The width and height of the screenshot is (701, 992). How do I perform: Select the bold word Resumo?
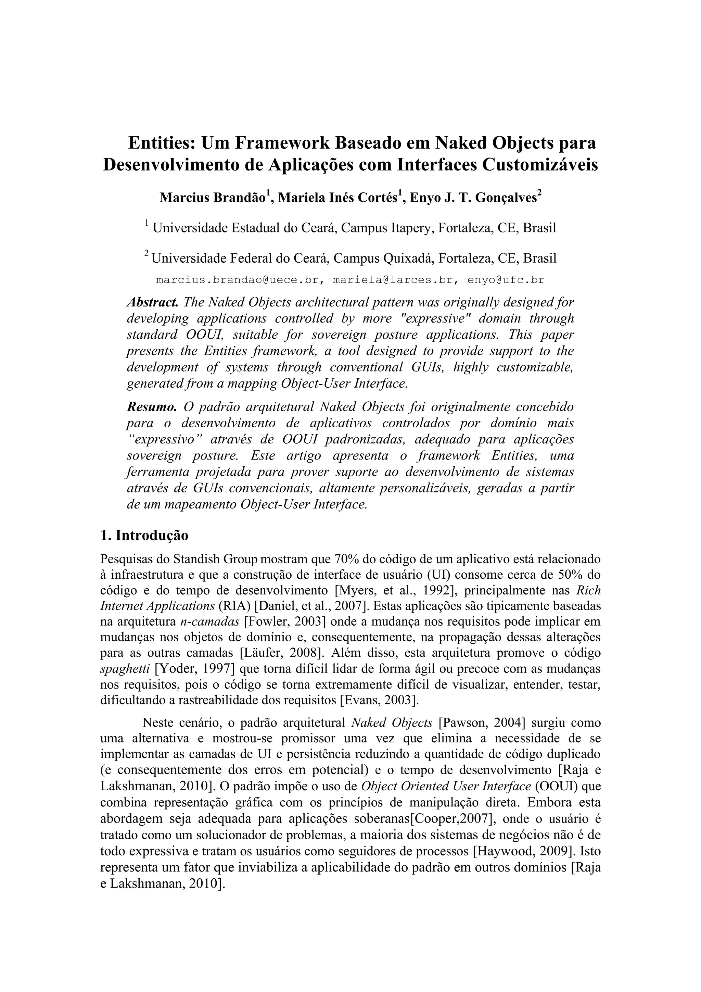152,406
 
